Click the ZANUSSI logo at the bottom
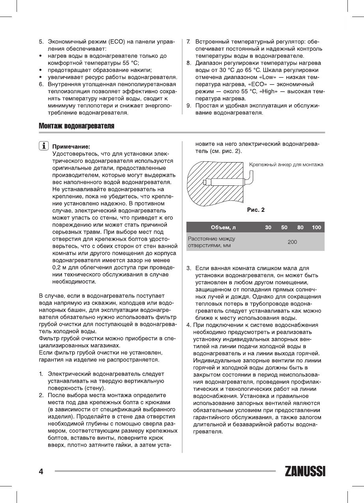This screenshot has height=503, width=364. click(305, 471)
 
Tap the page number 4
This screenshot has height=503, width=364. click(41, 471)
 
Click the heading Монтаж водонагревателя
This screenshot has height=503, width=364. click(77, 126)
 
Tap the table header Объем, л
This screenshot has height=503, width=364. click(223, 228)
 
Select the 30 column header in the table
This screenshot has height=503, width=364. click(268, 228)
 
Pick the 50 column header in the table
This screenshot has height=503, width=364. click(284, 228)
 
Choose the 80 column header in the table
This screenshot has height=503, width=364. click(301, 228)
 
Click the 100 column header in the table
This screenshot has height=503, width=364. click(316, 228)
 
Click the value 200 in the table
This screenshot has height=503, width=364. click(292, 242)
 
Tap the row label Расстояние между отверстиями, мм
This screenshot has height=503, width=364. click(211, 242)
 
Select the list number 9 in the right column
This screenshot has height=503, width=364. click(189, 106)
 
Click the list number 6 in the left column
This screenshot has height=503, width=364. click(41, 84)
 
